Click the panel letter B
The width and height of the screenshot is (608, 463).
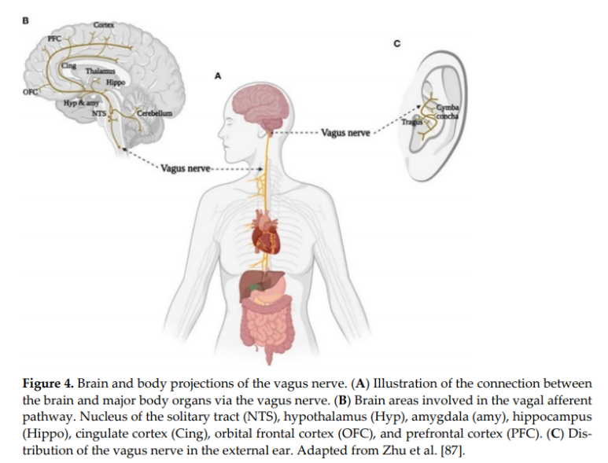click(x=26, y=18)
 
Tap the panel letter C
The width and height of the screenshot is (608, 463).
click(x=396, y=42)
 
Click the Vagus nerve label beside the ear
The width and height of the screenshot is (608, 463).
click(x=346, y=132)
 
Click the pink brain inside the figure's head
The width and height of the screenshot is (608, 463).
click(x=265, y=107)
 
